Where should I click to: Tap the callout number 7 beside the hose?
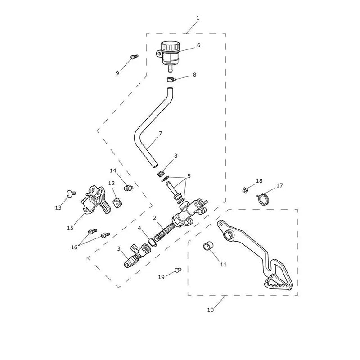pyautogui.click(x=160, y=133)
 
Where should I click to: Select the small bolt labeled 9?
pyautogui.click(x=134, y=57)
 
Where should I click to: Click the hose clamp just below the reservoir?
pyautogui.click(x=171, y=80)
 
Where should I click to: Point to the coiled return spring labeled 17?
pyautogui.click(x=263, y=198)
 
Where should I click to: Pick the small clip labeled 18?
pyautogui.click(x=245, y=190)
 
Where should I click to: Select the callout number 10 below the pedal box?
pyautogui.click(x=211, y=310)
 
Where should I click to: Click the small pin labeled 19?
pyautogui.click(x=178, y=270)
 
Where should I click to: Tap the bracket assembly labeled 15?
pyautogui.click(x=95, y=200)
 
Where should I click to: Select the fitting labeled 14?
pyautogui.click(x=128, y=188)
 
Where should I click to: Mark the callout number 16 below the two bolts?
pyautogui.click(x=74, y=247)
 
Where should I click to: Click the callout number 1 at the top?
pyautogui.click(x=198, y=18)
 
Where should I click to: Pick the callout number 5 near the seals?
pyautogui.click(x=189, y=176)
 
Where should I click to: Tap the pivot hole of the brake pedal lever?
pyautogui.click(x=229, y=235)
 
